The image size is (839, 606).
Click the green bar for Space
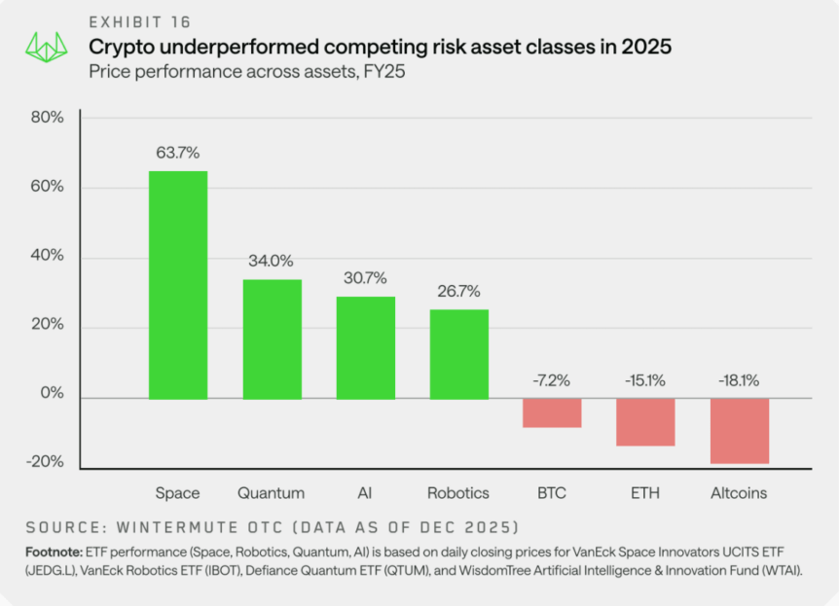(x=177, y=285)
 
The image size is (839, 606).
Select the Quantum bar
(x=272, y=339)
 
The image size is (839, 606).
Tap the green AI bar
(x=366, y=347)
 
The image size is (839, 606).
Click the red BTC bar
(x=552, y=412)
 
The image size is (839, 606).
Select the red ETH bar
(x=645, y=421)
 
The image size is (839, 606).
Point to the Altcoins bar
(x=740, y=431)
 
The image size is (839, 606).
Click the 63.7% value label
(x=177, y=153)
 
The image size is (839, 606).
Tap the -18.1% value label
(x=740, y=380)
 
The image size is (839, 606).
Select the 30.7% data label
(x=366, y=278)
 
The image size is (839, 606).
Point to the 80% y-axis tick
(x=47, y=119)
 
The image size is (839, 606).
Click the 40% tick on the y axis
(x=47, y=257)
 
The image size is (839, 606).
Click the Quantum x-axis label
(x=272, y=493)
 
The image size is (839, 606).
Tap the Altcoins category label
(x=739, y=493)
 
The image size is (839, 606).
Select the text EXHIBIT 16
(x=140, y=22)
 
